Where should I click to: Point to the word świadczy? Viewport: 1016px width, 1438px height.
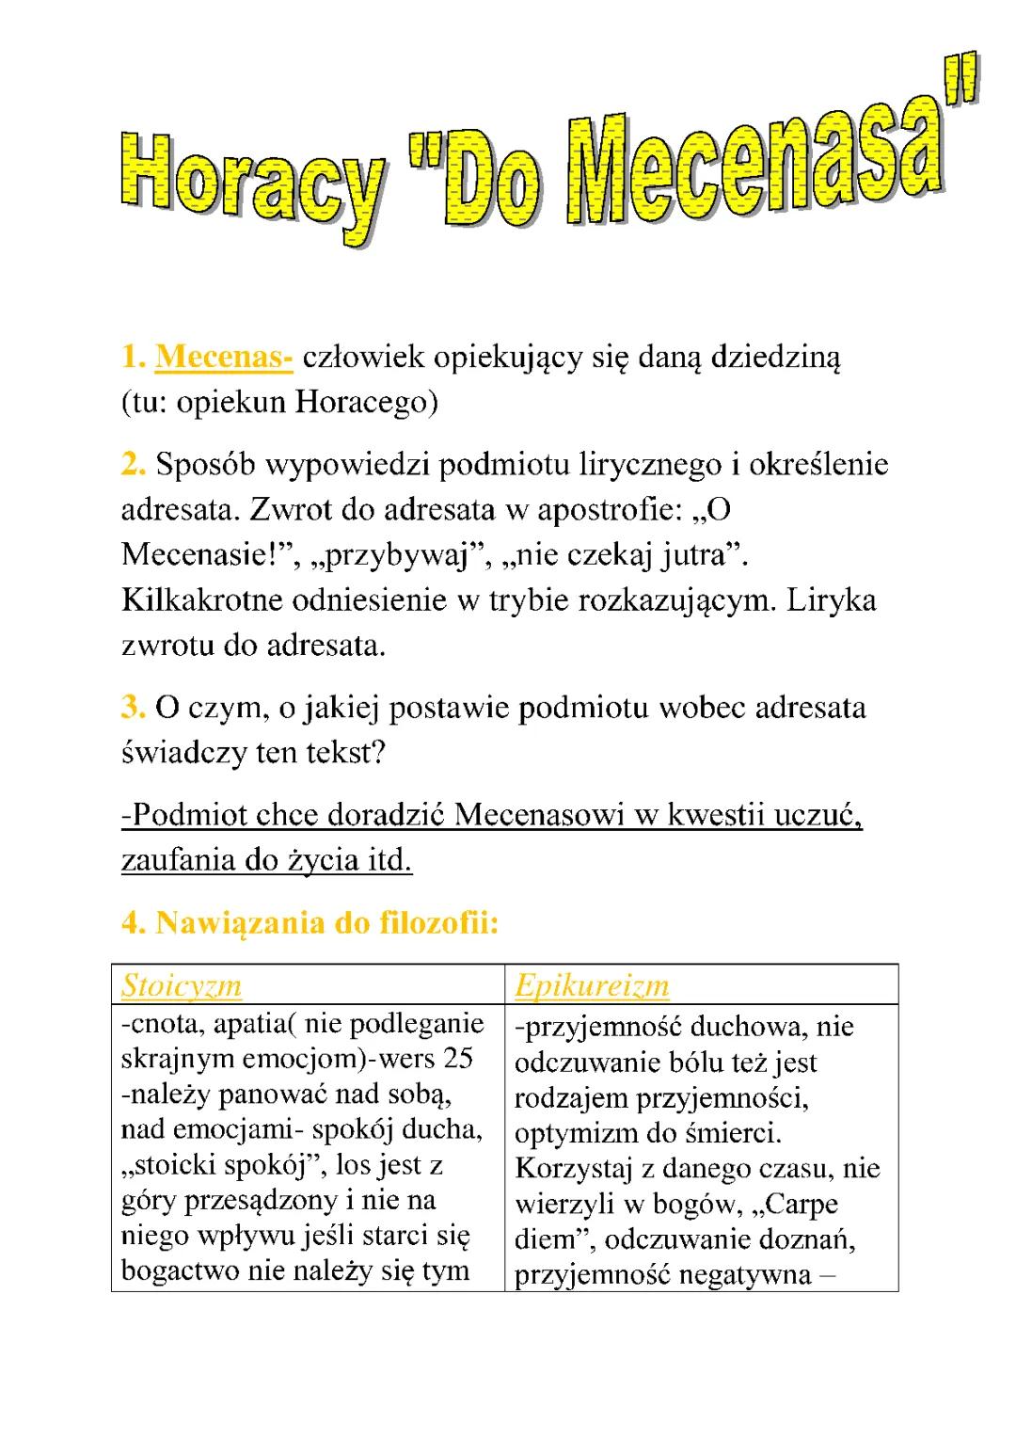183,754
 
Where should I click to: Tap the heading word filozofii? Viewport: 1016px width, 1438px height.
438,923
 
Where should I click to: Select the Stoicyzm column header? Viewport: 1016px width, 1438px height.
182,985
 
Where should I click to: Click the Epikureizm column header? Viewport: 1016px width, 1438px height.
592,985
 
